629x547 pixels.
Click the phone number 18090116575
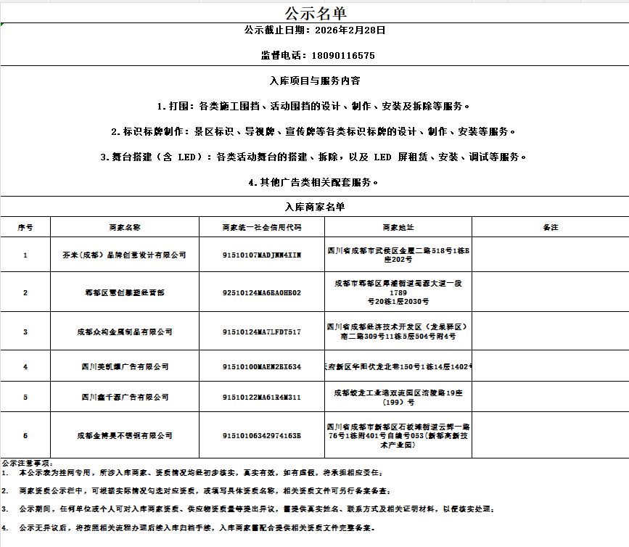[x=343, y=55]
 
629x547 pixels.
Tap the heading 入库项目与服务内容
[x=314, y=81]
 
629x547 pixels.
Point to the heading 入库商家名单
[x=314, y=207]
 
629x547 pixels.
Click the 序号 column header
[x=25, y=227]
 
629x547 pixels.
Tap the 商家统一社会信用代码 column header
[x=261, y=227]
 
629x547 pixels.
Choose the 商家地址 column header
[x=398, y=227]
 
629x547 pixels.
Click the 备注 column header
[x=550, y=227]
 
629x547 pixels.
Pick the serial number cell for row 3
[x=25, y=332]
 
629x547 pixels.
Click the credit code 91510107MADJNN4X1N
[x=261, y=255]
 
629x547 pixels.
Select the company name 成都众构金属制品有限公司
[x=124, y=332]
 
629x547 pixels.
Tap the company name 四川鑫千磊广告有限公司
[x=124, y=397]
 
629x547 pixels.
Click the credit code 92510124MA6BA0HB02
[x=261, y=292]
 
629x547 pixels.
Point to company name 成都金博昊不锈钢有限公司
[x=124, y=435]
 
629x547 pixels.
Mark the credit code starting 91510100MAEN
[x=261, y=367]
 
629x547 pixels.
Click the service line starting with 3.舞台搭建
[x=314, y=157]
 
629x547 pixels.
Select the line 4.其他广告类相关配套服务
[x=314, y=182]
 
